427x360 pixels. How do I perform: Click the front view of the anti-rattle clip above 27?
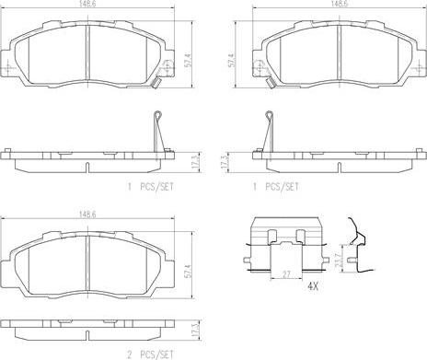[286, 241]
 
